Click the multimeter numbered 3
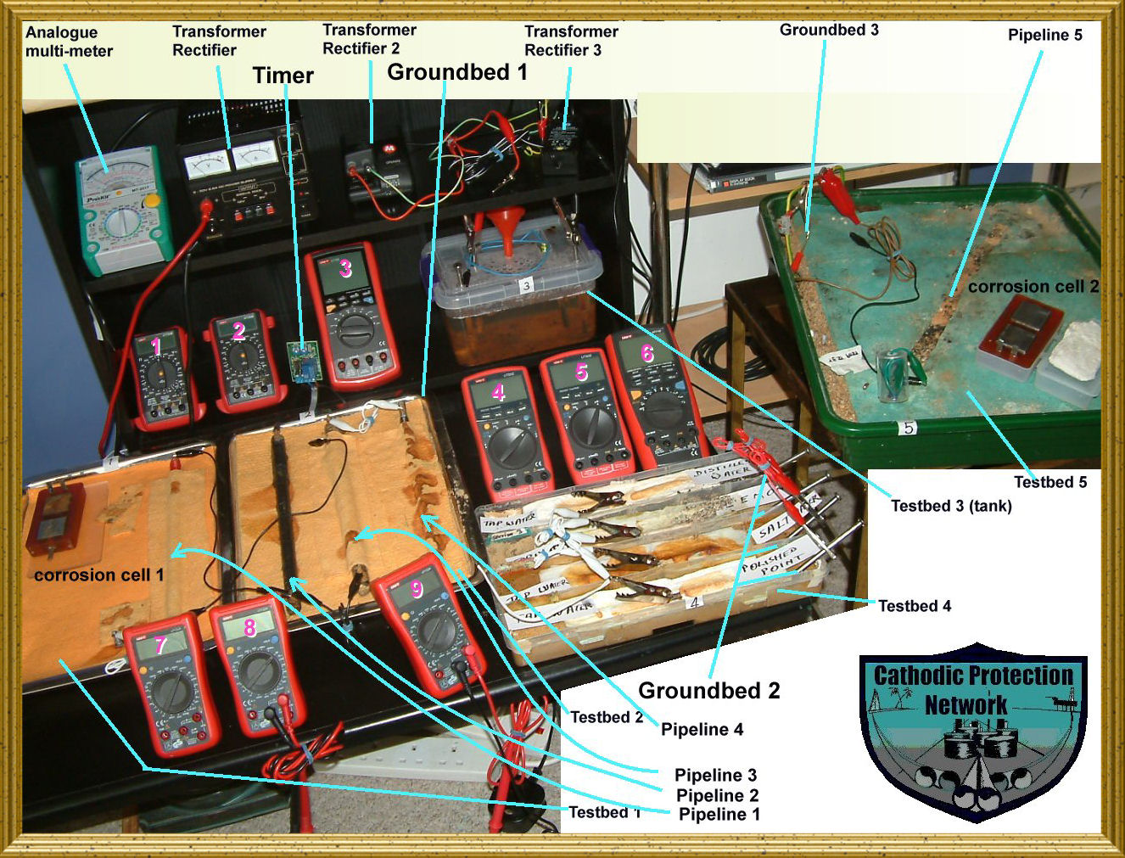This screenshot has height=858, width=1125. [x=351, y=314]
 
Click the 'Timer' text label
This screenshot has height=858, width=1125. [x=283, y=76]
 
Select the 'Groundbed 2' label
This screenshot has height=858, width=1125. [x=708, y=691]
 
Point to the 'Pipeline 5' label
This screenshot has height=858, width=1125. [x=1044, y=35]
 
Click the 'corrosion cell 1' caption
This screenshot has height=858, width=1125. [x=98, y=575]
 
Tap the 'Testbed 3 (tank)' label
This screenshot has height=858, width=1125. [x=950, y=506]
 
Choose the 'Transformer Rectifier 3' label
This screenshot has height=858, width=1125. [x=570, y=41]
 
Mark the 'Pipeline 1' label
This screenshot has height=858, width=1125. [x=719, y=815]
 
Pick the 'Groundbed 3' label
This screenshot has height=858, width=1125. [x=828, y=30]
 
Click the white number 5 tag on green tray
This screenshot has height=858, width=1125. [x=908, y=428]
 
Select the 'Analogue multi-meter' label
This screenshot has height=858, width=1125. [x=68, y=42]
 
